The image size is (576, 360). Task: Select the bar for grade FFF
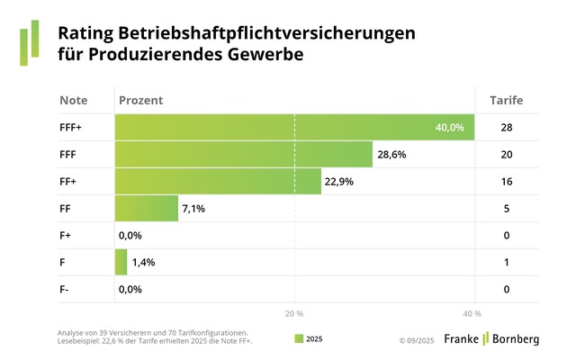point(243,155)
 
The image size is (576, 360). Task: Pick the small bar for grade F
point(121,263)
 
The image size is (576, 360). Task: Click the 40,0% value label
point(449,128)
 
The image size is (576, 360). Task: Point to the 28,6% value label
point(391,155)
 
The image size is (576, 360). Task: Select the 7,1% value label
point(195,209)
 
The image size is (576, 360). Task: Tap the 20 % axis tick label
point(294,313)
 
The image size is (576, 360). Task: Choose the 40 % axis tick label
point(472,313)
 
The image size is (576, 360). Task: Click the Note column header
point(74,101)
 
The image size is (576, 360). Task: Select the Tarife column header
point(506,101)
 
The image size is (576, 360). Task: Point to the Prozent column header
point(140,101)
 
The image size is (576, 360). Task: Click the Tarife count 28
point(507,128)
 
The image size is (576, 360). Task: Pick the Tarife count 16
point(507,182)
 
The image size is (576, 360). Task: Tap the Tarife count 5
point(507,209)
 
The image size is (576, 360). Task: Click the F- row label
point(66,290)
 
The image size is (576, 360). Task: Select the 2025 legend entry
point(308,339)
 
